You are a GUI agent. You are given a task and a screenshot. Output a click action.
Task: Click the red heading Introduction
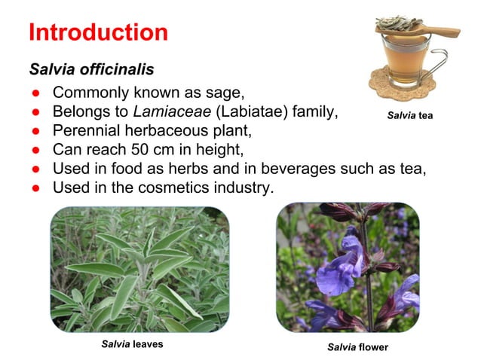coord(98,33)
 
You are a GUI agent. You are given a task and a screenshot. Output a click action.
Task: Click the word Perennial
coord(87,131)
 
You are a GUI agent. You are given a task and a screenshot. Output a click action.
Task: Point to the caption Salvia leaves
coord(132,344)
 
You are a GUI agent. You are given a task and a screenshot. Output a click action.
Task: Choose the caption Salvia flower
coord(357,347)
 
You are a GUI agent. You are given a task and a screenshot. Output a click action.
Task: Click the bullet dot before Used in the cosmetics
coord(35,187)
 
